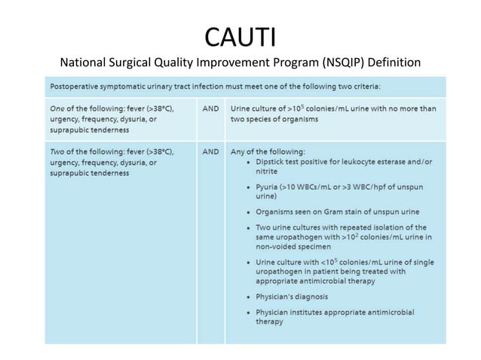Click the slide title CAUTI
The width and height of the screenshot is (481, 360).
[240, 36]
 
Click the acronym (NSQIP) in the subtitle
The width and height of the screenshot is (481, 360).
[329, 62]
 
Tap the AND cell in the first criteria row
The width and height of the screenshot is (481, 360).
[211, 108]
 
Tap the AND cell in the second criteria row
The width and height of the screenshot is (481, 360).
[211, 151]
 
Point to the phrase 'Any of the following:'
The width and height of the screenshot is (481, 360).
[267, 151]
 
